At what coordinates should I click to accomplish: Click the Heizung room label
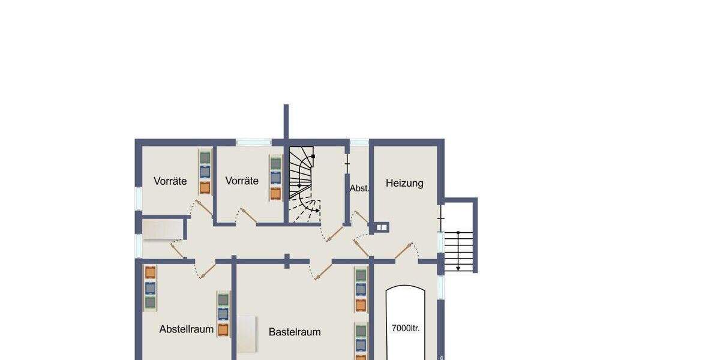(x=404, y=183)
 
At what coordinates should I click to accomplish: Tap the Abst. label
(x=359, y=188)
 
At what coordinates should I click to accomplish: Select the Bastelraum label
(x=294, y=332)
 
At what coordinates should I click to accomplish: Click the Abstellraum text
(x=187, y=329)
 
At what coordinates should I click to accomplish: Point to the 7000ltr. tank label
(x=406, y=328)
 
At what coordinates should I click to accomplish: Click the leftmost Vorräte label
(x=170, y=181)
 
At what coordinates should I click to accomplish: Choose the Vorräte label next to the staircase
(x=242, y=181)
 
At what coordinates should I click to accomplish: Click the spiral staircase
(x=303, y=180)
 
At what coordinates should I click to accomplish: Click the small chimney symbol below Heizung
(x=382, y=227)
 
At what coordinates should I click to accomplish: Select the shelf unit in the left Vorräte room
(x=205, y=172)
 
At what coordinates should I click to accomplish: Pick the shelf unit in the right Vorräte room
(x=275, y=178)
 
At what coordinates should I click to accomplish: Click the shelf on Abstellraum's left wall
(x=150, y=287)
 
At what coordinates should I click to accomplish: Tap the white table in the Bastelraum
(x=247, y=335)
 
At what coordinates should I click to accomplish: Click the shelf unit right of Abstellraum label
(x=223, y=314)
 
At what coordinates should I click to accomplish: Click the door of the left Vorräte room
(x=203, y=208)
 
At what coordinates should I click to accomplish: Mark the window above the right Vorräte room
(x=253, y=142)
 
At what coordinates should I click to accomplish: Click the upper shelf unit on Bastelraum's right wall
(x=361, y=290)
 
